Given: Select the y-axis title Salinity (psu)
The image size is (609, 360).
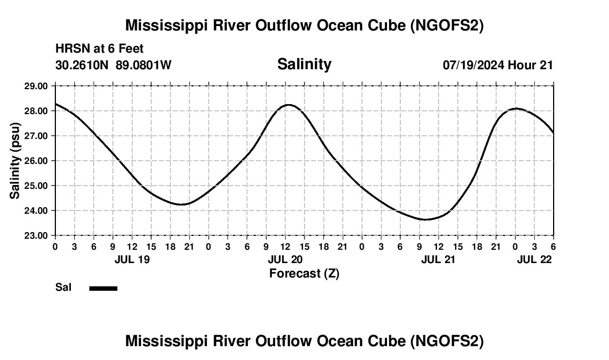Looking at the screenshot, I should [15, 161].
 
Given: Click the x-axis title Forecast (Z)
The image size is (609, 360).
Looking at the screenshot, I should [304, 273].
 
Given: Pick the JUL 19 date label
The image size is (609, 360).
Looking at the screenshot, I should [132, 259].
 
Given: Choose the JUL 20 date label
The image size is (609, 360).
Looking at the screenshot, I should [285, 259].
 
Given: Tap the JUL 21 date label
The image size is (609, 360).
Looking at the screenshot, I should [438, 259].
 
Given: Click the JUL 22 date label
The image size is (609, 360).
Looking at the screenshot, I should [534, 259].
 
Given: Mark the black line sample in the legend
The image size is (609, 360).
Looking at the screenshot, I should [103, 288].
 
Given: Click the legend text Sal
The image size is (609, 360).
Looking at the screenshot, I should [63, 287].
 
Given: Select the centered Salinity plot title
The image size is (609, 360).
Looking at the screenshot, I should [304, 64].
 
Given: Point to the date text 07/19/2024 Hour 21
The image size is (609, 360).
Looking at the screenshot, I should [498, 65].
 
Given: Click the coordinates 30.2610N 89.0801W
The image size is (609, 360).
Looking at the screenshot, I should [113, 65].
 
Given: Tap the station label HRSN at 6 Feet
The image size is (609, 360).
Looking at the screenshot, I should [100, 49].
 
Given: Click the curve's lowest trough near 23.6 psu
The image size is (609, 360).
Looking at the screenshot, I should [425, 219].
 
